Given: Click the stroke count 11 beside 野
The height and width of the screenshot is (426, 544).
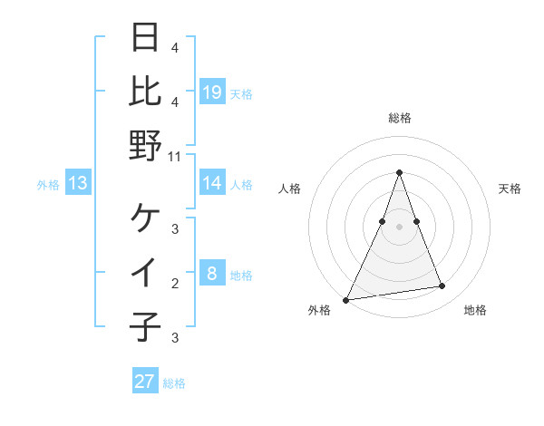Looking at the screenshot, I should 175,157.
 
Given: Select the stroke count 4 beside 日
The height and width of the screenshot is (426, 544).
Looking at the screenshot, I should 175,48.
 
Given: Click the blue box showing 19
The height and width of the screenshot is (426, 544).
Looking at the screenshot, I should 211,92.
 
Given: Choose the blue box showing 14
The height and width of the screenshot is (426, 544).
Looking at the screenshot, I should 211,183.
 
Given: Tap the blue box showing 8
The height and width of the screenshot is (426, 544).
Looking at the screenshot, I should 211,274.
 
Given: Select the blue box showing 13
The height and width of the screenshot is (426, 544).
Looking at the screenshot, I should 78,184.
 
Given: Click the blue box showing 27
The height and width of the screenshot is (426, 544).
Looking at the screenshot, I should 144,382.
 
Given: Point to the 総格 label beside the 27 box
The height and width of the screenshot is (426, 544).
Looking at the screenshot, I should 174,383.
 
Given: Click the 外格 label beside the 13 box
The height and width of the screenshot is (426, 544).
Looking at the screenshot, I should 48,185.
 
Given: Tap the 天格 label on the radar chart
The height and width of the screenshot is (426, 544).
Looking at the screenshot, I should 510,189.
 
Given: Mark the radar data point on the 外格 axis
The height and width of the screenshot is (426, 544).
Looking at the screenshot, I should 345,299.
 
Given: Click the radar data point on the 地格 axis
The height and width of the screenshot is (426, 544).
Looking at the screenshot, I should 442,286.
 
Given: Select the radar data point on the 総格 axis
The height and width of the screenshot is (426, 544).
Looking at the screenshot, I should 399,172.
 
